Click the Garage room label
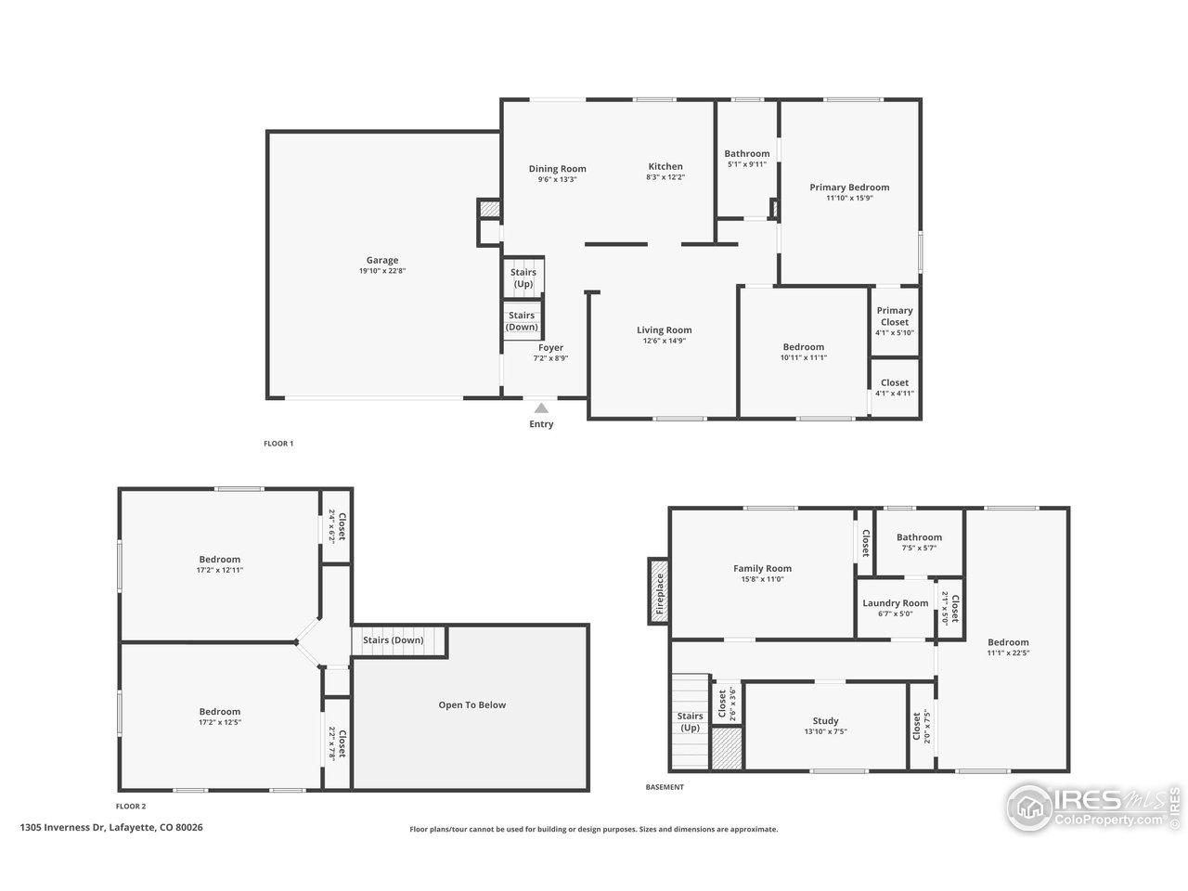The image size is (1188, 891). [x=381, y=261]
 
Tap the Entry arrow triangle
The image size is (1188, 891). [x=541, y=407]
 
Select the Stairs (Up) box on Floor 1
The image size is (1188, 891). [x=523, y=278]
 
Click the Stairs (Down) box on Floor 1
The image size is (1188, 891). [x=522, y=320]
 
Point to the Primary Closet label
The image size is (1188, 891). [x=895, y=316]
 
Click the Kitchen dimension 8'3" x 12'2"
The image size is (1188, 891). [x=665, y=178]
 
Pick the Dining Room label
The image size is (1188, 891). [x=558, y=169]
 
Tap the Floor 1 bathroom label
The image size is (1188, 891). [x=747, y=154]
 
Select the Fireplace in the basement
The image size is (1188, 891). [x=659, y=591]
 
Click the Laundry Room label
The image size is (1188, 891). [x=896, y=603]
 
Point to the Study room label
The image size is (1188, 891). [x=825, y=721]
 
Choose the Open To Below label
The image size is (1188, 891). [x=471, y=705]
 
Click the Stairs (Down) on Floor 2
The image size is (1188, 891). [x=394, y=640]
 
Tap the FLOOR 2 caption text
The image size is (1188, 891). [x=131, y=807]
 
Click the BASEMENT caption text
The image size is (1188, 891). [x=665, y=787]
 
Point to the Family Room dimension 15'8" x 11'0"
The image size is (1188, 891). [x=762, y=579]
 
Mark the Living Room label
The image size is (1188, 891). [x=664, y=330]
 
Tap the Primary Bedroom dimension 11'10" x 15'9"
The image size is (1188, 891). [x=849, y=198]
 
